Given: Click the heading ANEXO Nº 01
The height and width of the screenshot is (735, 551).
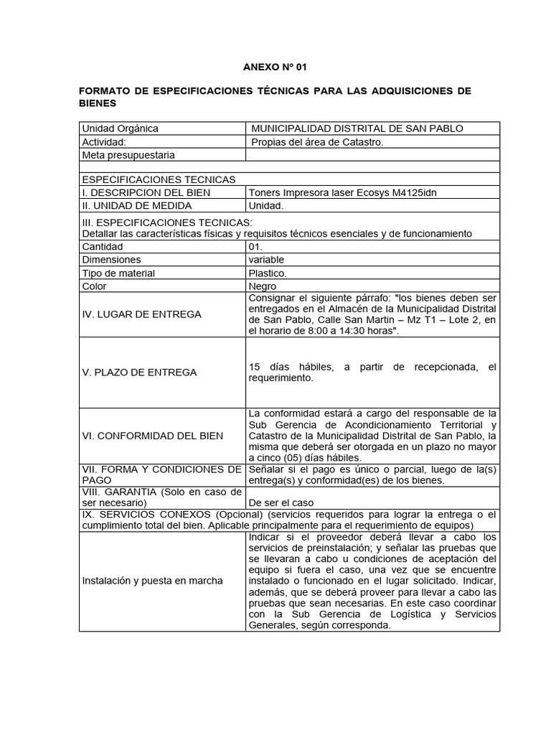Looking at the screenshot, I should point(275,67).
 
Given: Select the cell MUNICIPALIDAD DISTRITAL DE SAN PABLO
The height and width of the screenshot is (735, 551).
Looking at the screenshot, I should point(357,128).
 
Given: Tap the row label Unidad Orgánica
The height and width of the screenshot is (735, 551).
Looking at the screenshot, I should point(121,128).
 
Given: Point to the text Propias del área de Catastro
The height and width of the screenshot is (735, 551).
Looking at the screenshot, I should point(317,142).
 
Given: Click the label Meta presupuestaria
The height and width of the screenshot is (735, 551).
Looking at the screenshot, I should point(128,155).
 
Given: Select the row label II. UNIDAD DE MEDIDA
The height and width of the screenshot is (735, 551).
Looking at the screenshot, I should point(137,205).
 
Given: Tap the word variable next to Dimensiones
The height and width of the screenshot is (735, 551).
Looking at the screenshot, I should point(266,259).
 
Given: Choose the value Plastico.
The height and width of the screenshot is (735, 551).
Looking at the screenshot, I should point(268,273).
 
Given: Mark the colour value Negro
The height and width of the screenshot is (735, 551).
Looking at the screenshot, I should point(262,286).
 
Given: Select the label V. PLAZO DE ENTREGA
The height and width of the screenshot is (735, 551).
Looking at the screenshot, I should point(139,372).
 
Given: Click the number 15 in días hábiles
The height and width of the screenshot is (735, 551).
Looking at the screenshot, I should point(254,367).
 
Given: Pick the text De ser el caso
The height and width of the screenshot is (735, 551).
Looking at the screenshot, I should point(281,502).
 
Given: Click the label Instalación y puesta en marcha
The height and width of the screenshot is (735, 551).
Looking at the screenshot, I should point(152,580).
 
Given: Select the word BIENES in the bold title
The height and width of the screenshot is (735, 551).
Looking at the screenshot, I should point(96,103).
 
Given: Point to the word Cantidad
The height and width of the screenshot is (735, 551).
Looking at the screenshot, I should point(103,246).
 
